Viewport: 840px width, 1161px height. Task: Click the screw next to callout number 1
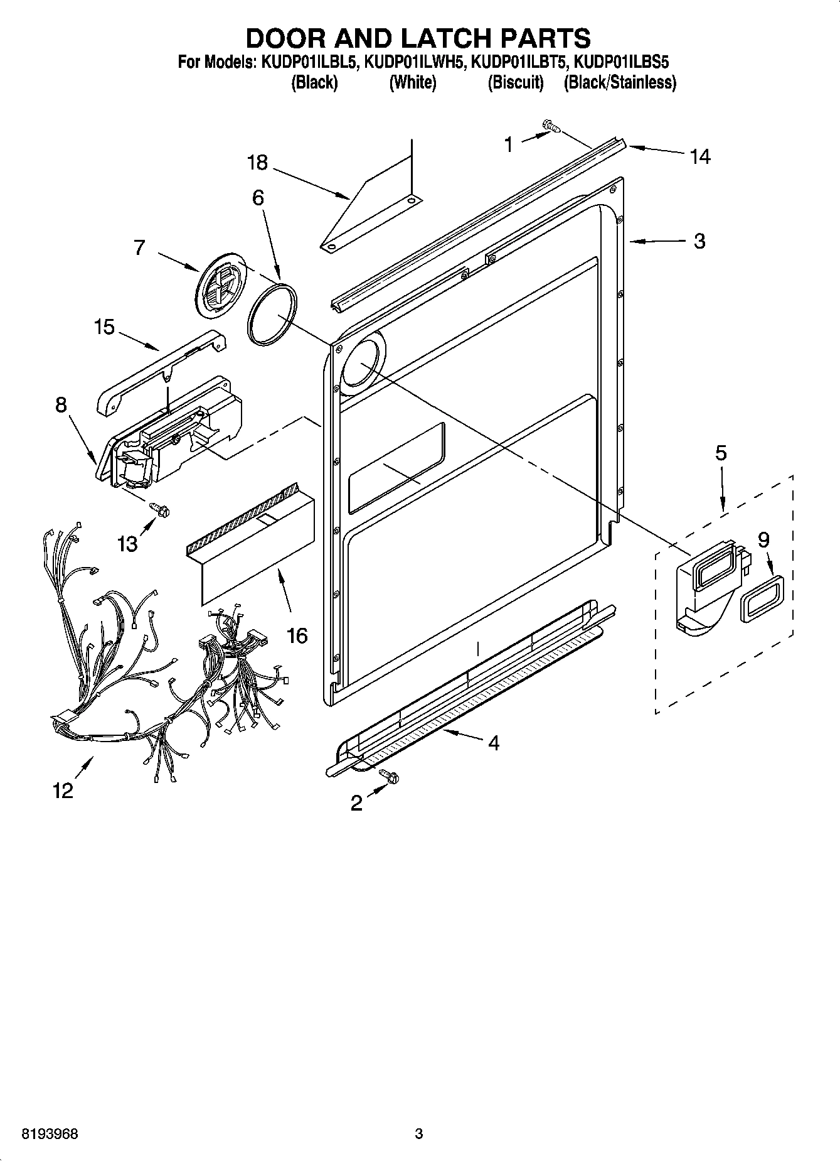552,127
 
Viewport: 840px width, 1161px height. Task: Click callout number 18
257,163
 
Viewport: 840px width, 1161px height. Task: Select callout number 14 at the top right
699,156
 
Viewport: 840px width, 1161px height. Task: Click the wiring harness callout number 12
63,791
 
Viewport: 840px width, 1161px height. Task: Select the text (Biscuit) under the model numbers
516,82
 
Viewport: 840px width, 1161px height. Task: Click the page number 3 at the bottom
419,1134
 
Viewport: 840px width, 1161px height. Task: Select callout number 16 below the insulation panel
297,635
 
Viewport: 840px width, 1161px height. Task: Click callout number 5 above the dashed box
721,453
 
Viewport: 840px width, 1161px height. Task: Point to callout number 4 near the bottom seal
493,743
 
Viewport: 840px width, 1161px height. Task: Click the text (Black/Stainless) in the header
620,82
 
